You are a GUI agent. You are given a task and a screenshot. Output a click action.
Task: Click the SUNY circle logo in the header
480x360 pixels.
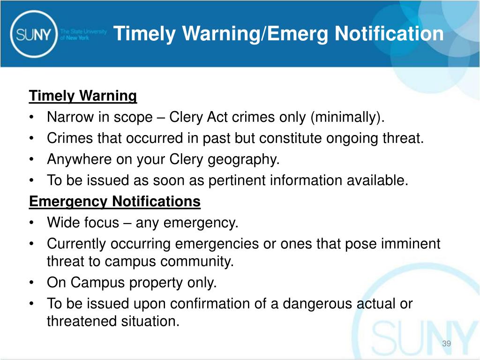[33, 33]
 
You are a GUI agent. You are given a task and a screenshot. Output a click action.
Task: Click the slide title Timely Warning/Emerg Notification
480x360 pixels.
[278, 34]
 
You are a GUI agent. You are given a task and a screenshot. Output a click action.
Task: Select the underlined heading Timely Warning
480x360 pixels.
[83, 96]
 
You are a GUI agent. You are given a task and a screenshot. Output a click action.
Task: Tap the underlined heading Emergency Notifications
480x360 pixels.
[115, 202]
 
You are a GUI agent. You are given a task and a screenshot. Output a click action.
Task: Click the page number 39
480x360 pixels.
[446, 345]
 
